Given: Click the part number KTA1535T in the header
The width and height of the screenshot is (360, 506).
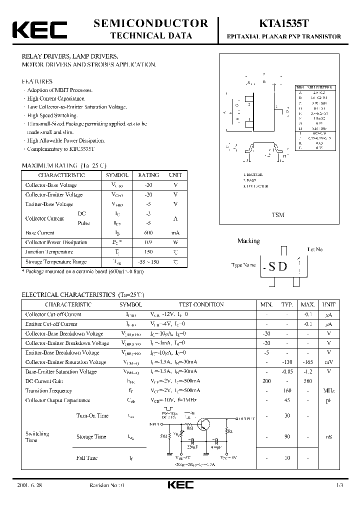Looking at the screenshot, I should coord(284,23).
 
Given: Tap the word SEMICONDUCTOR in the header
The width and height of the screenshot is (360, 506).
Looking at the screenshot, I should coord(150,23).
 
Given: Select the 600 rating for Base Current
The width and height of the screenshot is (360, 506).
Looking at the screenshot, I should coord(148,232).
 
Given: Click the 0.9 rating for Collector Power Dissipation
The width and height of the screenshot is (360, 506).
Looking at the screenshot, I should coord(148,242).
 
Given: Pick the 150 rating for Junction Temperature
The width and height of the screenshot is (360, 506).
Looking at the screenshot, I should coord(148,252).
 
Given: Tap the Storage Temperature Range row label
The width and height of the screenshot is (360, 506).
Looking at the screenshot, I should coord(56,261).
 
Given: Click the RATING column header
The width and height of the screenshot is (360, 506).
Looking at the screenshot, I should coord(148,175).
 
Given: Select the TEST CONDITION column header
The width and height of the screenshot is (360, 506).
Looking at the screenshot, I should coord(201,304).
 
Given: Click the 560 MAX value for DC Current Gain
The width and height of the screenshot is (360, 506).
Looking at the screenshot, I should coord(307,381).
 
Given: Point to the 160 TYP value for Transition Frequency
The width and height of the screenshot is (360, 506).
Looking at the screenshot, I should coord(286,390).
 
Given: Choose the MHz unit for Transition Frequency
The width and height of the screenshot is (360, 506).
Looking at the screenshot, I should coord(328,390).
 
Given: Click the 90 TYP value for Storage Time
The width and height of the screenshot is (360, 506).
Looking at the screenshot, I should coord(286,436).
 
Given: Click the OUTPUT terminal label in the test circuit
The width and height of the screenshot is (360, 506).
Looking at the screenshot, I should coord(246,418).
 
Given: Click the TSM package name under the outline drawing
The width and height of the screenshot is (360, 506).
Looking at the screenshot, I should coord(278,215).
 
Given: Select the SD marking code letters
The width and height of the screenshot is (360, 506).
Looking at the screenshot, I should coord(278,266).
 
